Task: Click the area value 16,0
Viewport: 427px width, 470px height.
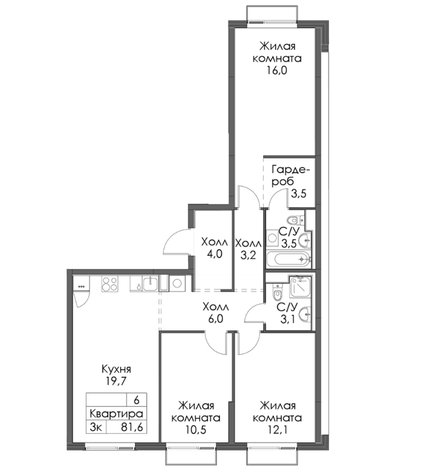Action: coord(277,70)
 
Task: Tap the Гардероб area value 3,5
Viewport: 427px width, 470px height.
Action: coord(299,193)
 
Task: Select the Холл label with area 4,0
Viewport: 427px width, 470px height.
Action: coord(215,242)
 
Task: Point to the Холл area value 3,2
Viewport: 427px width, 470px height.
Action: coord(248,255)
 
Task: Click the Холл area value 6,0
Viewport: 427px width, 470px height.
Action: coord(216,319)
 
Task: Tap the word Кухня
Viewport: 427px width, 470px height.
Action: coord(116,369)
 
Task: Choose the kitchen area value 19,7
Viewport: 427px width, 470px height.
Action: coord(117,381)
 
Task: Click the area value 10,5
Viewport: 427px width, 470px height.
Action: coord(195,430)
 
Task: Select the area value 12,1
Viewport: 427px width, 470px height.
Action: coord(277,430)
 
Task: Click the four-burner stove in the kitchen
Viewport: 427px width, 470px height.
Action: coord(109,283)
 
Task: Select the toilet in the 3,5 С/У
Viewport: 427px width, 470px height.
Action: coord(295,221)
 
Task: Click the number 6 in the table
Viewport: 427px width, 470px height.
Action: coord(136,400)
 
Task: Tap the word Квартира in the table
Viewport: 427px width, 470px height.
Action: coord(116,414)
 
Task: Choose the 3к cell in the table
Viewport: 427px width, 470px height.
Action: coord(95,428)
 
